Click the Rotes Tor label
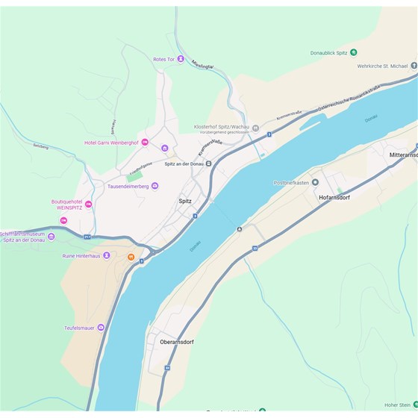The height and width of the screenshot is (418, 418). click(x=163, y=59)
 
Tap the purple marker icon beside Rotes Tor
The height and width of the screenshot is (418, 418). click(x=181, y=59)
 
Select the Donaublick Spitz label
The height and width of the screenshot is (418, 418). click(x=329, y=52)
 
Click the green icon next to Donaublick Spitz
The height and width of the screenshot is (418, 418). click(x=354, y=52)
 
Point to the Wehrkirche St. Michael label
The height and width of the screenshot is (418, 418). click(x=383, y=66)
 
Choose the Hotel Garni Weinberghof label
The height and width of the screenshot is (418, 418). click(x=111, y=142)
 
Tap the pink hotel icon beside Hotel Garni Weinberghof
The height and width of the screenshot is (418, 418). click(x=145, y=142)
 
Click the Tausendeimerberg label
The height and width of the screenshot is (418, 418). click(x=128, y=186)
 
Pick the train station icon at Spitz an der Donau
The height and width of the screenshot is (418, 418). click(x=209, y=164)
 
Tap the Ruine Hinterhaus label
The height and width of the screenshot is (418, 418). click(x=81, y=255)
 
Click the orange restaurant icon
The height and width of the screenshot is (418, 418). click(x=131, y=258)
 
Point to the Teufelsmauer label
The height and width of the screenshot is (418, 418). click(x=84, y=327)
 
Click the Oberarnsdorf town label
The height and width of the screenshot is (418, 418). click(x=177, y=342)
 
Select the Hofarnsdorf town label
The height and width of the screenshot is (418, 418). click(x=340, y=197)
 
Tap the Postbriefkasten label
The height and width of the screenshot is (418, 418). click(x=291, y=182)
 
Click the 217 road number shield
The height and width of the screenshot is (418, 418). click(x=87, y=237)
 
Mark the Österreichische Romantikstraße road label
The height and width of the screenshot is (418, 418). click(x=349, y=99)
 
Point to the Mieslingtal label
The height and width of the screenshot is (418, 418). click(x=202, y=65)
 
